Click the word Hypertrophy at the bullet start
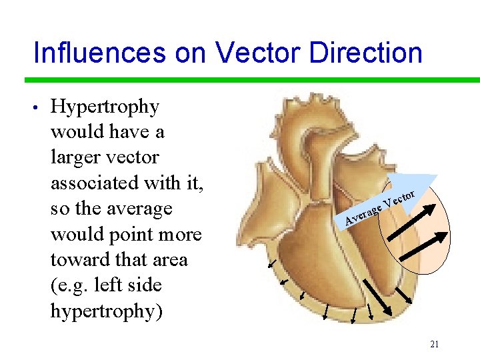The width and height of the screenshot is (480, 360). [105, 107]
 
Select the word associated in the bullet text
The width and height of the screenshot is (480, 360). [93, 183]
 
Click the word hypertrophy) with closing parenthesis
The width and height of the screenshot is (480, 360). [105, 311]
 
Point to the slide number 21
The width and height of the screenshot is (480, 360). [434, 345]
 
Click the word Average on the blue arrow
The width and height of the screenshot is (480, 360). [363, 214]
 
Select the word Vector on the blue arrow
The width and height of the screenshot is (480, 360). [400, 198]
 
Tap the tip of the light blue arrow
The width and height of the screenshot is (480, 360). [436, 177]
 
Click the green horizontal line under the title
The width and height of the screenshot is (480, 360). [252, 80]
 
